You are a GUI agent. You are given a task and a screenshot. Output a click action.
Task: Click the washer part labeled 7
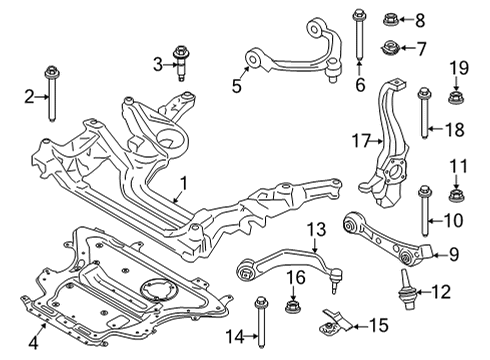coord(390,48)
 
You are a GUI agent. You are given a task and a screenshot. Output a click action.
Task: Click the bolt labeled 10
coord(427,209)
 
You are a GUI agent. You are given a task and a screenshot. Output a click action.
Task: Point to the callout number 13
coord(315,231)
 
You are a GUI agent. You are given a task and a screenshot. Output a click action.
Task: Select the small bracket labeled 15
coord(335,323)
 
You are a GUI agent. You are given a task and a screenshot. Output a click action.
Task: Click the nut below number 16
coord(294,299)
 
